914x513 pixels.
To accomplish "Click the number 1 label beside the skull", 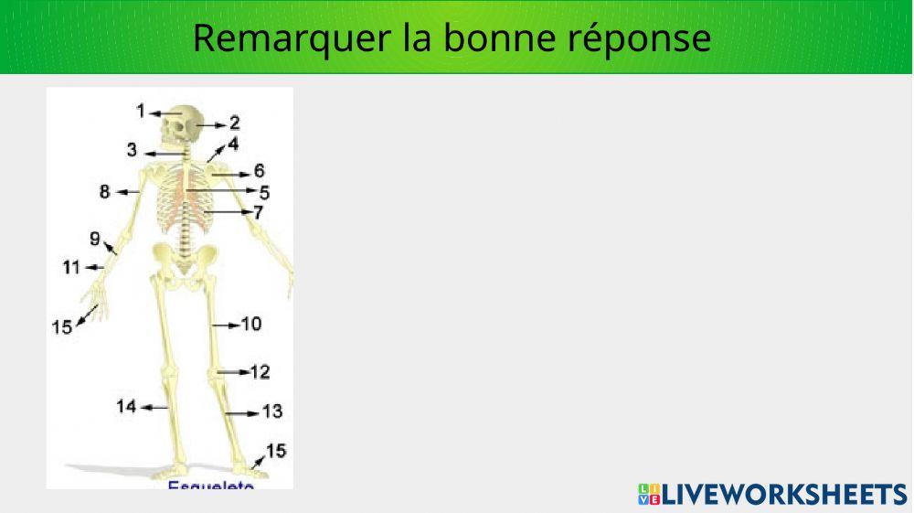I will point(141,111).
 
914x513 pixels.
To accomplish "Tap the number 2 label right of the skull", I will point(235,123).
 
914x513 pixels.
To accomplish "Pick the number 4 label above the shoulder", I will point(233,144).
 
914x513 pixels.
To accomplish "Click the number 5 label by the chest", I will point(264,192).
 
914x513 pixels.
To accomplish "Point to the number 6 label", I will point(260,171).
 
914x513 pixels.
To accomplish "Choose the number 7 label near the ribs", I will point(259,212).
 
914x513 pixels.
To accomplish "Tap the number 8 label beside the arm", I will point(105,192).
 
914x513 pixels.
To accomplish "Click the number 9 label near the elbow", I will point(95,239).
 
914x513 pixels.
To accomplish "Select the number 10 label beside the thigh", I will point(251,324).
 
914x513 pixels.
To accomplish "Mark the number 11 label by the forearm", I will point(72,267).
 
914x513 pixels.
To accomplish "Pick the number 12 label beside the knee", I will point(260,372).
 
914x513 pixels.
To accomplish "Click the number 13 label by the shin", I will point(272,411).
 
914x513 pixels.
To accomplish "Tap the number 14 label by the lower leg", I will point(126,406).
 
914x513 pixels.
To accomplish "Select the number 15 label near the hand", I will point(61,326).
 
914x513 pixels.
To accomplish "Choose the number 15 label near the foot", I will point(275,450).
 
